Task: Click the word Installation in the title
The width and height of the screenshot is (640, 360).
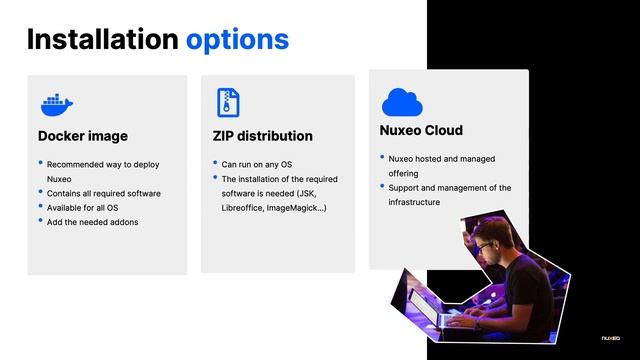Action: pos(101,40)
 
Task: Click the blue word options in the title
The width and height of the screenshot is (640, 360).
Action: pos(237,40)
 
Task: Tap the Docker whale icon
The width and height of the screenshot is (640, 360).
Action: pos(57,103)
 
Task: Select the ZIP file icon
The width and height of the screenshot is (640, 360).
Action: pos(227,102)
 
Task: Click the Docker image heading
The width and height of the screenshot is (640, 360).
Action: pos(83,136)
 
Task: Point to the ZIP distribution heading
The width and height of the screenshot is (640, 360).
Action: pos(262,136)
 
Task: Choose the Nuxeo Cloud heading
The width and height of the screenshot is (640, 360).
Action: pos(421,131)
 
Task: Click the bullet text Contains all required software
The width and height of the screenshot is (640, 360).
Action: pos(104,193)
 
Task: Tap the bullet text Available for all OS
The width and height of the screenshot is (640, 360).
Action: pos(84,207)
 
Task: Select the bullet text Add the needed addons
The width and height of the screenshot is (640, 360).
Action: pos(92,222)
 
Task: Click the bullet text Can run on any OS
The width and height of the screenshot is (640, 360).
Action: pos(257,164)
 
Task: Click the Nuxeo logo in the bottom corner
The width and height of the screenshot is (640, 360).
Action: pos(611,337)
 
